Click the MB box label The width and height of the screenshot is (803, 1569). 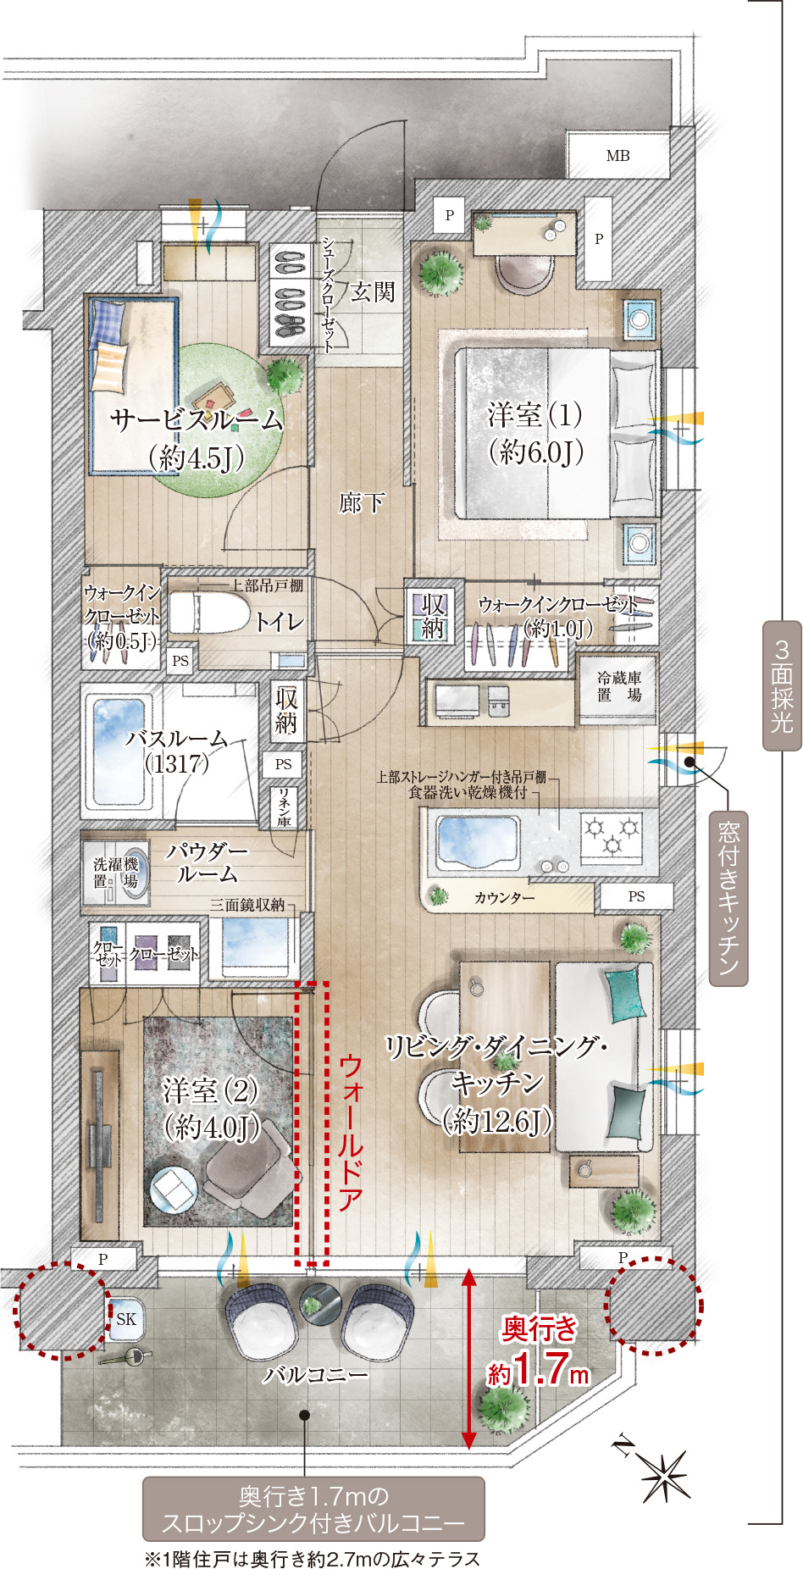point(617,155)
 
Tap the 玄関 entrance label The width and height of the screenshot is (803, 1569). point(373,292)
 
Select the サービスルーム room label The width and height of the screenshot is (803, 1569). point(197,419)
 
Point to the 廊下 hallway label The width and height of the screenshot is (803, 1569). point(361,503)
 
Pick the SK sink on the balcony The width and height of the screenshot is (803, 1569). point(125,1319)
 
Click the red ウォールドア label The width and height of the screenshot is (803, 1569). point(351,1133)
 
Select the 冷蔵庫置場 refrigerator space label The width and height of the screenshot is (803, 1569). point(619,686)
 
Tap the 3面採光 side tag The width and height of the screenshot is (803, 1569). point(782,686)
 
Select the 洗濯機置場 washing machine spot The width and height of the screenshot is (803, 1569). point(116,872)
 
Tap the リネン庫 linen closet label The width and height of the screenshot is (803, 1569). point(284,807)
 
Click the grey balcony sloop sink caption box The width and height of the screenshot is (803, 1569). point(313,1509)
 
